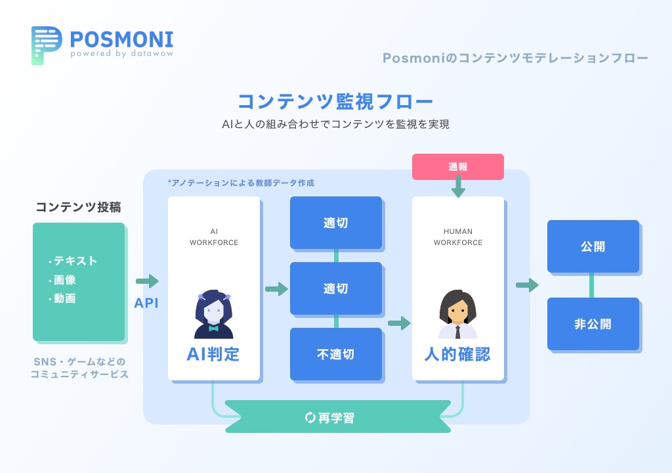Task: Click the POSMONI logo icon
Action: (x=46, y=45)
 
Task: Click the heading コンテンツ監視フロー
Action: (x=335, y=102)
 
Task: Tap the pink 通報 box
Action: (x=457, y=167)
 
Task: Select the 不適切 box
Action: (x=335, y=354)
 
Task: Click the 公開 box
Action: (x=593, y=246)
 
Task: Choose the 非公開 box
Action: (x=593, y=324)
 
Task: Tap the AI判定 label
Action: (x=213, y=355)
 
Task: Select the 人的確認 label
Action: (x=457, y=355)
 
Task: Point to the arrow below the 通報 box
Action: (x=458, y=189)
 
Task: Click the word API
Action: (x=147, y=304)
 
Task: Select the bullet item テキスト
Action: (x=74, y=261)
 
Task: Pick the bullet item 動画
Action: (x=64, y=298)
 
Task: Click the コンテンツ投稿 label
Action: (x=78, y=208)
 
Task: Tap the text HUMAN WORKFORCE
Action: (x=457, y=237)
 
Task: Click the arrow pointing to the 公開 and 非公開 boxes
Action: (x=527, y=285)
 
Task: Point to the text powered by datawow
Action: (x=122, y=54)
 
